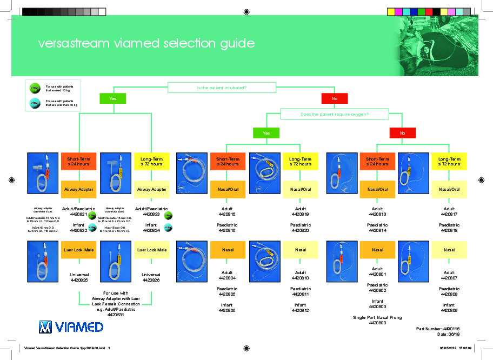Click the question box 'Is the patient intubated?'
point(222,87)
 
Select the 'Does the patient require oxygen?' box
point(335,114)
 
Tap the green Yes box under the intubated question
point(113,98)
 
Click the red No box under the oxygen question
point(403,132)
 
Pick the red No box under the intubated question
point(335,98)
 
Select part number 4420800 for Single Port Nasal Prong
point(377,323)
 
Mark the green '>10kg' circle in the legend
point(35,88)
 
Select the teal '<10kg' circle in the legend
point(35,103)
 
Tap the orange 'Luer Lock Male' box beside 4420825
point(79,250)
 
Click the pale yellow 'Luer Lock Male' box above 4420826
point(151,250)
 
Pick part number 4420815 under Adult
point(227,215)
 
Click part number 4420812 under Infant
point(300,311)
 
